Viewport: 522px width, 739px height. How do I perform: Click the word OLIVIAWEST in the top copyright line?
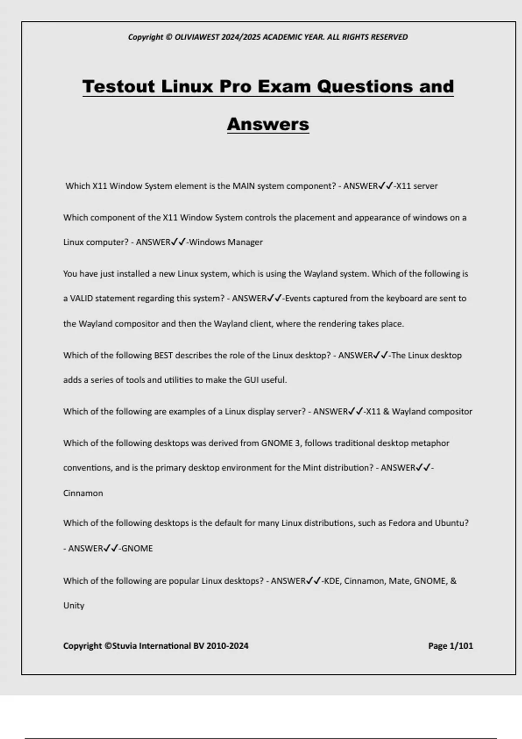[x=197, y=37]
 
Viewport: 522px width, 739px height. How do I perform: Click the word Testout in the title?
[x=119, y=86]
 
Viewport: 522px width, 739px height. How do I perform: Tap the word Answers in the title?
[x=268, y=124]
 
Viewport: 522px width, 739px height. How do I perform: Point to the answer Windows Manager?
[x=226, y=242]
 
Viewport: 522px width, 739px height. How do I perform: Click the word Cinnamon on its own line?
[x=83, y=493]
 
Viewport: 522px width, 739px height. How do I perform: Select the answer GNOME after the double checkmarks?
[x=137, y=549]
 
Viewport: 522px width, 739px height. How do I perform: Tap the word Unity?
[x=74, y=606]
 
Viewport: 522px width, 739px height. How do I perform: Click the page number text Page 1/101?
[x=450, y=646]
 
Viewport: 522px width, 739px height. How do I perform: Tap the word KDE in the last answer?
[x=331, y=581]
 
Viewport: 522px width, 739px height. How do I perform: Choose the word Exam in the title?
[x=284, y=86]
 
